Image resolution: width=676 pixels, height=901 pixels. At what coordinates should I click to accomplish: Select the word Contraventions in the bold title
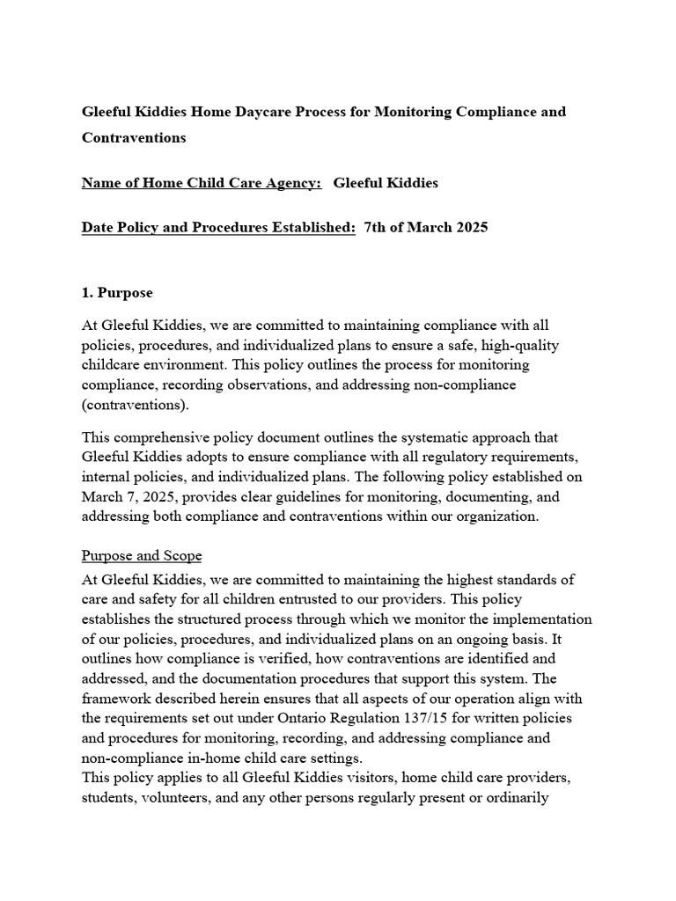[x=134, y=137]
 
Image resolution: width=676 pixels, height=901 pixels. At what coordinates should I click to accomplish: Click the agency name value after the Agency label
[x=385, y=183]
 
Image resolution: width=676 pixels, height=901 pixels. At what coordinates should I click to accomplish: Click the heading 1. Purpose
[x=117, y=292]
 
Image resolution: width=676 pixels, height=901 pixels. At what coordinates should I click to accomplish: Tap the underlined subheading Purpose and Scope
[x=142, y=555]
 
